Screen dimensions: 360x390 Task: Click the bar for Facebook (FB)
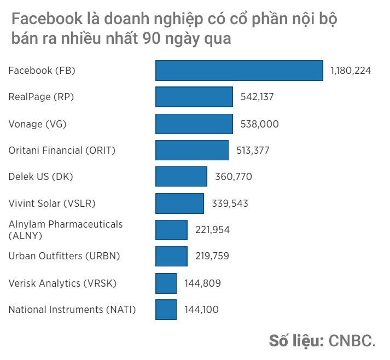pos(239,71)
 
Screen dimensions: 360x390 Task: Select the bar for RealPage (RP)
pos(194,97)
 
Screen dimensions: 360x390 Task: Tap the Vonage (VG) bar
pos(194,124)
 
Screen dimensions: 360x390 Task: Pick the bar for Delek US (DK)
pos(182,177)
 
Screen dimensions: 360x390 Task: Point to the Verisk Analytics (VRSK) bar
pos(166,283)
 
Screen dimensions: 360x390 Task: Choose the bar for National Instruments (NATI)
pos(166,310)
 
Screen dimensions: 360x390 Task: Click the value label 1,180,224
pos(351,71)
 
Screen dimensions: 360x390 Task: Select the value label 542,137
pos(257,97)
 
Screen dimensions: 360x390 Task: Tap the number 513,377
pos(253,150)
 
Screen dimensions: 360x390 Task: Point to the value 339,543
pos(230,204)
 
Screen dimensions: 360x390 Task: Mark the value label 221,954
pos(212,230)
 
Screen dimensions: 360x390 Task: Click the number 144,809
pos(202,283)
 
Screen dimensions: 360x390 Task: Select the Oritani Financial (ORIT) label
pos(62,150)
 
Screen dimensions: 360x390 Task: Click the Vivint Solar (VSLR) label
pos(52,204)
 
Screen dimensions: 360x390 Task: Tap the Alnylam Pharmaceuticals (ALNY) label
pos(66,230)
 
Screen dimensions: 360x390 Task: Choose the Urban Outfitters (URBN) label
pos(64,256)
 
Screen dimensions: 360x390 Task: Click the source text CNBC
pos(352,340)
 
